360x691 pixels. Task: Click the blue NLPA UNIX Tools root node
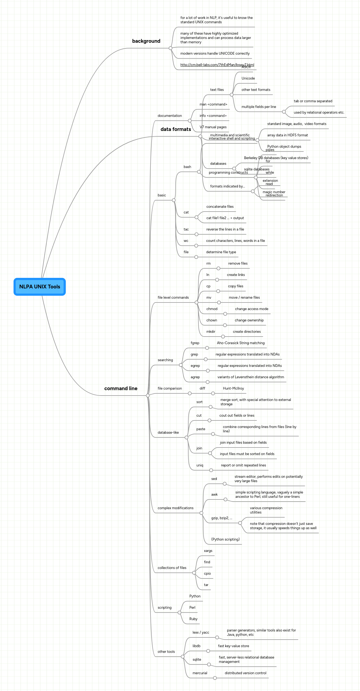pos(40,287)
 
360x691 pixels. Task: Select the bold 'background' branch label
pos(146,41)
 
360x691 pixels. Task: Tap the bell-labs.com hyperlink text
pos(217,65)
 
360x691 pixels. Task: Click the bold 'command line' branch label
pos(121,389)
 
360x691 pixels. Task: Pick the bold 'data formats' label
pos(176,129)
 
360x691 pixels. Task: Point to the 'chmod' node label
pos(212,309)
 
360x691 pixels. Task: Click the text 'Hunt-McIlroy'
pos(233,389)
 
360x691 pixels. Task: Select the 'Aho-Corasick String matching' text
pos(241,343)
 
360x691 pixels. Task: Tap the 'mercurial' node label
pos(200,673)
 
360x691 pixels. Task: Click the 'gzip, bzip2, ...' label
pos(222,518)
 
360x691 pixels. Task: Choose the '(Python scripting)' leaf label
pos(225,539)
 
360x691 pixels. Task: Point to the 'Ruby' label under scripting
pos(193,619)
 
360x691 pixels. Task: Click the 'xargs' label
pos(208,551)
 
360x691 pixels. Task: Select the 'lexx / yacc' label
pos(201,633)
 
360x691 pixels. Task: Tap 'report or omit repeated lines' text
pos(243,465)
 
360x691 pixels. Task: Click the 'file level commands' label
pos(173,298)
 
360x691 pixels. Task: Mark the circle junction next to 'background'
pos(171,48)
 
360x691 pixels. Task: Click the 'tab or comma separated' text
pos(313,101)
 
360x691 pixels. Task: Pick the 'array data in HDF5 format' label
pos(287,135)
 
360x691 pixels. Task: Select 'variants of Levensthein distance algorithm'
pos(251,377)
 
